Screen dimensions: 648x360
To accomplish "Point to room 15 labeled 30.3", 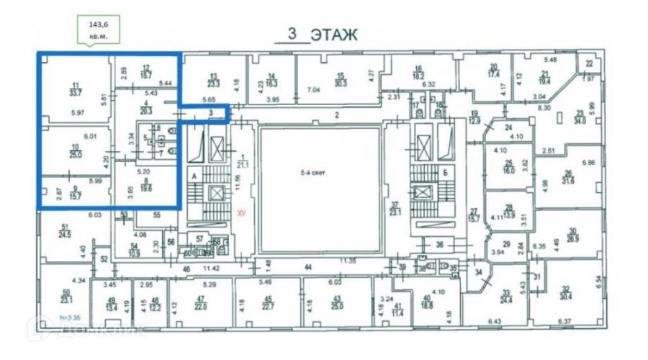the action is [341, 79].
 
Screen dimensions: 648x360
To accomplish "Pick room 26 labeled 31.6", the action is [568, 176].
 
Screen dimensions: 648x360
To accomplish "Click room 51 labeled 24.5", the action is [65, 232].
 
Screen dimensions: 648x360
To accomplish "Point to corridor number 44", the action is [308, 266].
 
